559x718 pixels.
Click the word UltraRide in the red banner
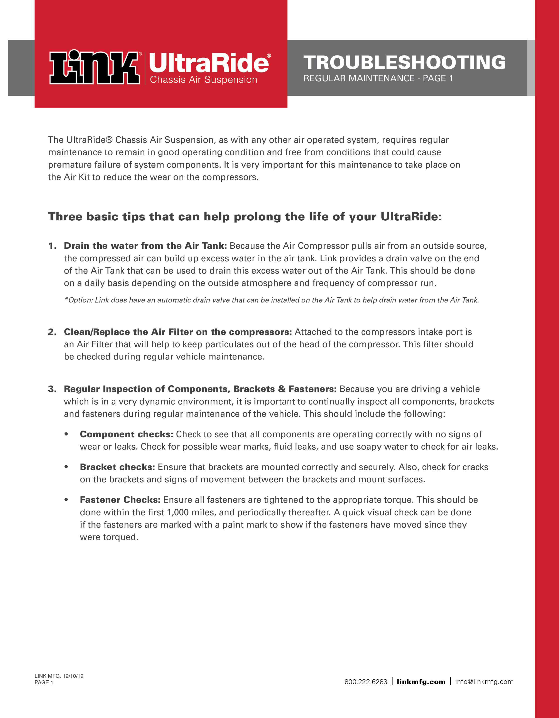pos(209,63)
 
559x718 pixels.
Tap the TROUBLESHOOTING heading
pos(404,62)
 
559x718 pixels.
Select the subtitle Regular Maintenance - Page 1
pos(378,78)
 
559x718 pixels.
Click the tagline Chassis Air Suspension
pos(203,80)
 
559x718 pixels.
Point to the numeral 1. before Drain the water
pos(52,246)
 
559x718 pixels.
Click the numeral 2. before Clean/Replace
pos(52,332)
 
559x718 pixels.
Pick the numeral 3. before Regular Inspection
pos(52,389)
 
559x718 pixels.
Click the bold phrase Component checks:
pos(126,434)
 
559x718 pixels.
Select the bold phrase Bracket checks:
pos(117,467)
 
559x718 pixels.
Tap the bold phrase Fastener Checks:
pos(120,500)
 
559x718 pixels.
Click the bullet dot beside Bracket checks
pos(66,467)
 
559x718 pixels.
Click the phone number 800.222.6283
pos(366,682)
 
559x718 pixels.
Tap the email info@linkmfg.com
pos(484,682)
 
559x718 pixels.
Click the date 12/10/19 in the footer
pos(73,676)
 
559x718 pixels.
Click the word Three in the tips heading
pos(65,217)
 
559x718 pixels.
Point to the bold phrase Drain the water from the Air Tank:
pos(145,246)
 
